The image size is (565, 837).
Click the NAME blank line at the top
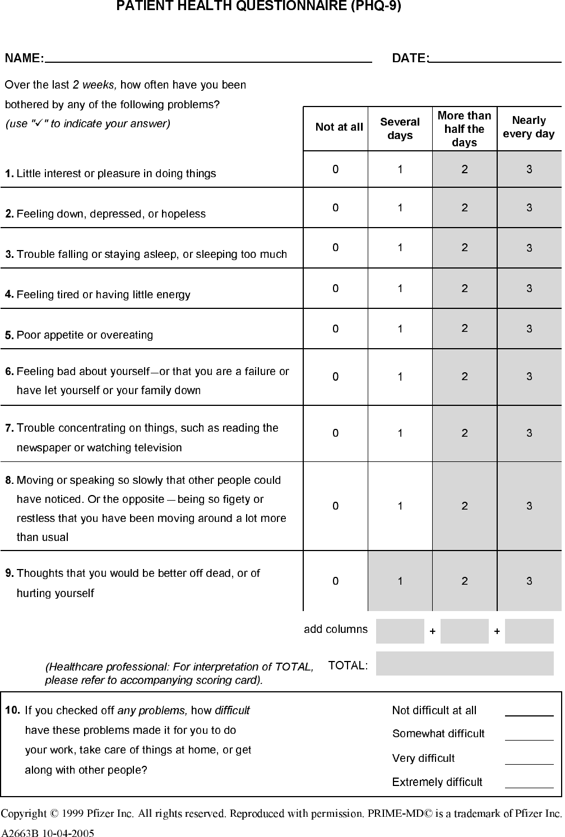click(x=209, y=58)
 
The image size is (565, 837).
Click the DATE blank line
click(x=495, y=58)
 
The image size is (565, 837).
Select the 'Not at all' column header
click(x=339, y=127)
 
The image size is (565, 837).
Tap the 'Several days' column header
click(x=400, y=128)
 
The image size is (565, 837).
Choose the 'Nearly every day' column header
click(x=529, y=127)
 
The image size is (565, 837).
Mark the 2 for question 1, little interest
click(x=465, y=169)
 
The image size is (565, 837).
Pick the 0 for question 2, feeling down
click(x=335, y=208)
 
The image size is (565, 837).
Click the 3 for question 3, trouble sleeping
click(x=529, y=248)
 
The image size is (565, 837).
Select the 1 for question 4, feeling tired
click(x=400, y=289)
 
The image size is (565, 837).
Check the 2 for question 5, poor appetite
click(x=465, y=329)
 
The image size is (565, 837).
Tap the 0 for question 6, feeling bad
click(x=335, y=377)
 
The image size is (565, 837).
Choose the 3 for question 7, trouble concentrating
click(x=529, y=433)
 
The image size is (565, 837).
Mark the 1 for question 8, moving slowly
click(x=400, y=506)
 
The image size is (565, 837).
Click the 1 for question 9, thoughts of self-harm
click(x=400, y=581)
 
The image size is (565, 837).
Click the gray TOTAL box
click(x=464, y=663)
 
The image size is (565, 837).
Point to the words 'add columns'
click(x=336, y=630)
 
